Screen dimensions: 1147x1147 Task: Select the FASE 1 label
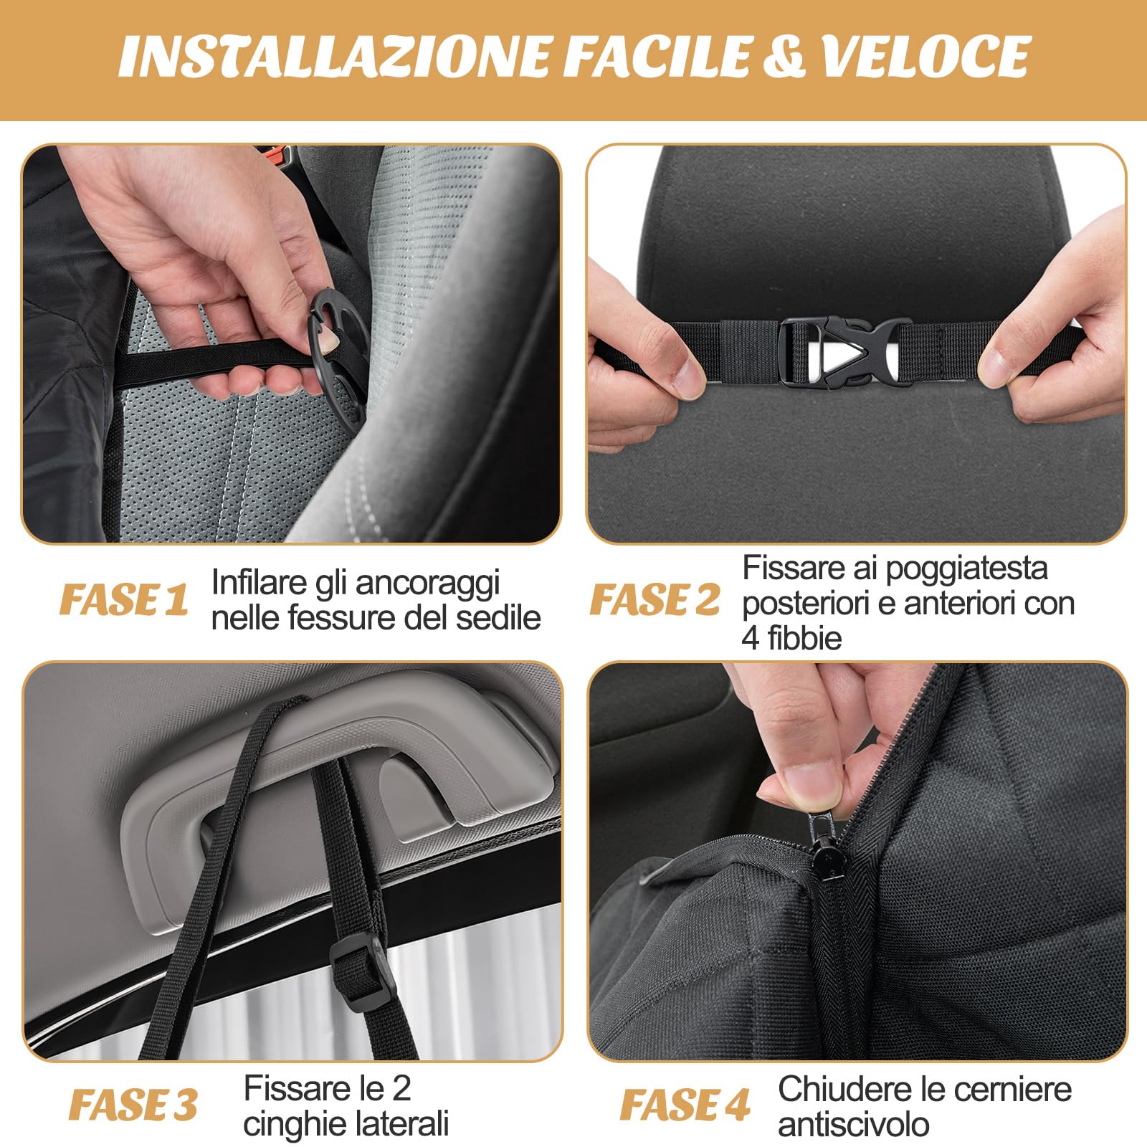pyautogui.click(x=124, y=599)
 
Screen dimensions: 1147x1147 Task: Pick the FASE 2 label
pyautogui.click(x=655, y=599)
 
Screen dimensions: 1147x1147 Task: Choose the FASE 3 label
pyautogui.click(x=133, y=1105)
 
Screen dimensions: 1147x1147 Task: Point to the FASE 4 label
pyautogui.click(x=685, y=1105)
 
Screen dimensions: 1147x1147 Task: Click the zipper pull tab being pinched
pyautogui.click(x=819, y=853)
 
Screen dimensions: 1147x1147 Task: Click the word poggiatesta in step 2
pyautogui.click(x=966, y=568)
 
